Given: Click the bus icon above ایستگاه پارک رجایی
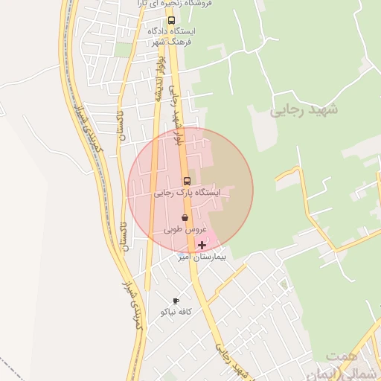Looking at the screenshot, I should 186,181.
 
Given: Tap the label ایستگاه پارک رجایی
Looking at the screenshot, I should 188,192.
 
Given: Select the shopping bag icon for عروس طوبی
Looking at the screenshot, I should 185,218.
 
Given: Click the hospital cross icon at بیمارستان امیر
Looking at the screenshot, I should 202,245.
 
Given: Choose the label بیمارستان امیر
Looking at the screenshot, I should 201,257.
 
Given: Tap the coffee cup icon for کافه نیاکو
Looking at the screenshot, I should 176,301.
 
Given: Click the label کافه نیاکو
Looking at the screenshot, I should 176,312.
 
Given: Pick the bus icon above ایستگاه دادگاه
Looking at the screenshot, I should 171,20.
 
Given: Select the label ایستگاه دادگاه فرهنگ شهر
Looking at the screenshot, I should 172,36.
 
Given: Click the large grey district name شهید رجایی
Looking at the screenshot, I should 305,109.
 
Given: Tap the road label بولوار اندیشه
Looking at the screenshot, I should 159,78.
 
